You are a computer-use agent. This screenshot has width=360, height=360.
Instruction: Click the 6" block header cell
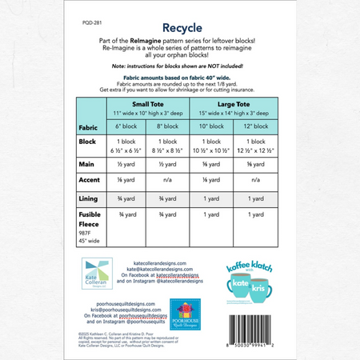pos(129,126)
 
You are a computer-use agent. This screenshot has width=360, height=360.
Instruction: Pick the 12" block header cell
pos(256,126)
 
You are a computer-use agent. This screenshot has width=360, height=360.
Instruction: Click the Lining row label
pos(88,198)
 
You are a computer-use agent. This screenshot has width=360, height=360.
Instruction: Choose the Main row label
pos(86,162)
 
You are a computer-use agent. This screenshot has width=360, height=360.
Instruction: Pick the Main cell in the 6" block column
pos(129,162)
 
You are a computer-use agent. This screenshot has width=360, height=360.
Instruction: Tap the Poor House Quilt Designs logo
pos(182,310)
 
